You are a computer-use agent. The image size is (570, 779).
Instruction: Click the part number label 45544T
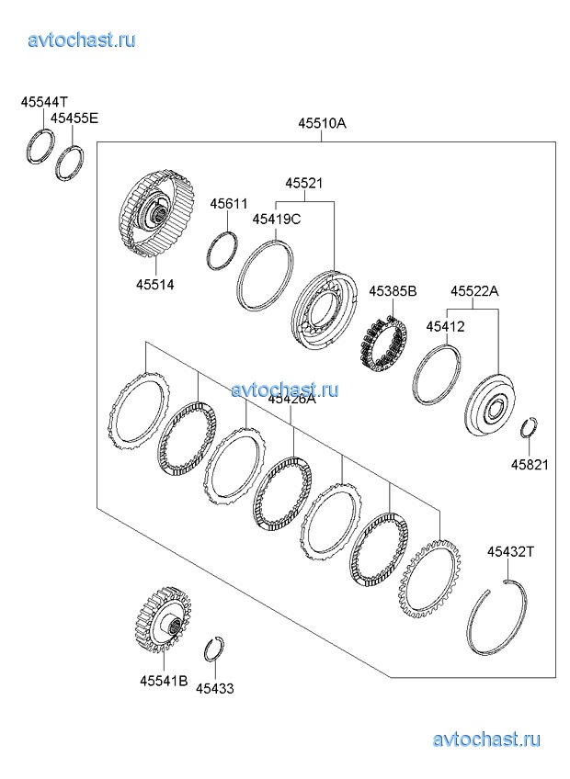45,103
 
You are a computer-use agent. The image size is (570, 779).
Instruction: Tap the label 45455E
74,118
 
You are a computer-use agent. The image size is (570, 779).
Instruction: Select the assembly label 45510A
321,123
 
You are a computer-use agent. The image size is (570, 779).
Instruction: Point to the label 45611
229,203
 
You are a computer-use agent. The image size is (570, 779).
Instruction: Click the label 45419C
277,219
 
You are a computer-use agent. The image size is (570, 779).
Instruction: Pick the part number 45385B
393,291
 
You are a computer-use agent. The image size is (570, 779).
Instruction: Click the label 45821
530,465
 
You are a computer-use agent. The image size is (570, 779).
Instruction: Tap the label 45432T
510,551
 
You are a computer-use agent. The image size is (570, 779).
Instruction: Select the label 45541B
164,681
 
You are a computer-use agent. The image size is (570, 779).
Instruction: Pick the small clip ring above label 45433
213,648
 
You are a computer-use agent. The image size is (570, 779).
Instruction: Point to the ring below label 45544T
41,146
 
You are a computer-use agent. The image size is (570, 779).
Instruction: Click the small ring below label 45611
222,250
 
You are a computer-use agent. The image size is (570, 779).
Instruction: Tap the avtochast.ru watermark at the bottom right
485,739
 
